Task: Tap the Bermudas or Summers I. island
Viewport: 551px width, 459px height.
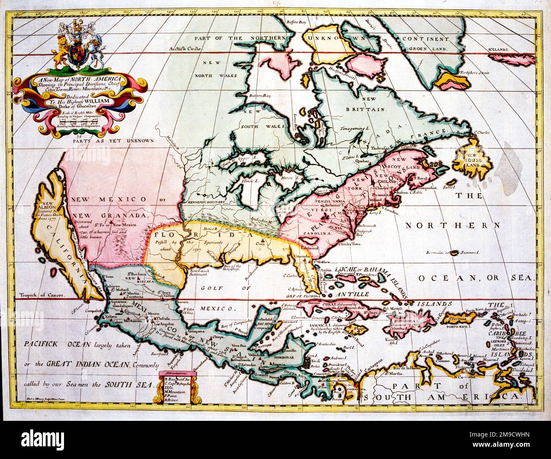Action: coord(455,253)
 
